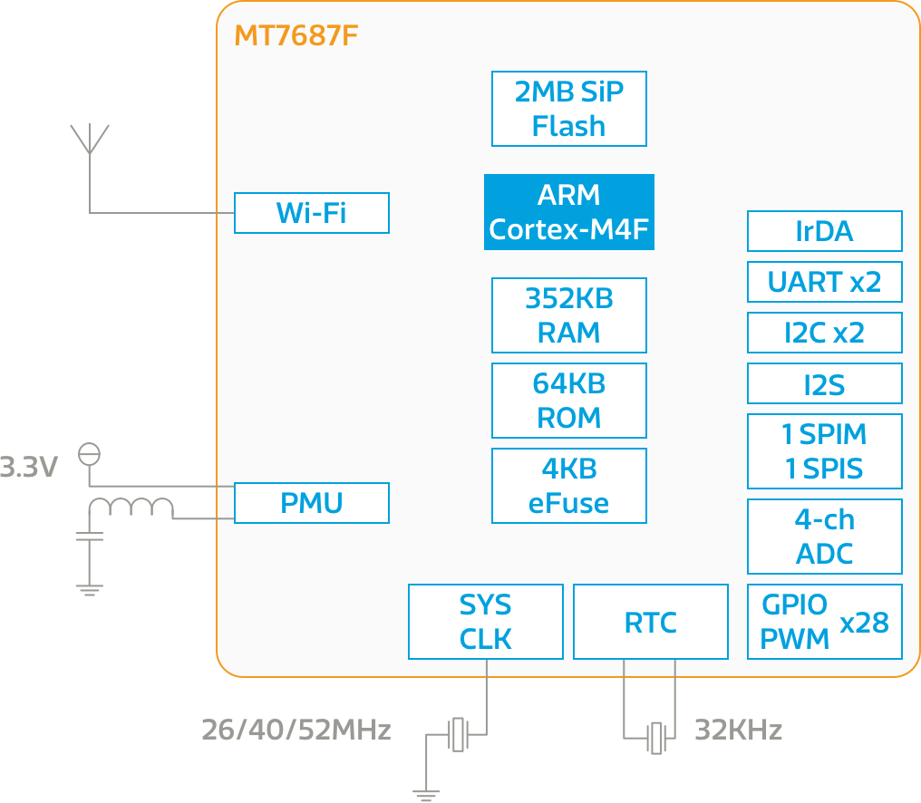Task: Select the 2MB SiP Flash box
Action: point(568,109)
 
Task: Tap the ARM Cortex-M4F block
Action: point(568,212)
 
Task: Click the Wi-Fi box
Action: point(311,213)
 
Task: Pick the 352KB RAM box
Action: point(568,315)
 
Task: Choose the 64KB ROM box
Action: point(568,401)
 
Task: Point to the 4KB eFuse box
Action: point(568,486)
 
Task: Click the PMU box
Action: point(311,503)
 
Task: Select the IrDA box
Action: point(824,231)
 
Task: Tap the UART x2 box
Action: point(824,282)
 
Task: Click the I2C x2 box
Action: point(824,333)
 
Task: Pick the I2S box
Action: point(824,384)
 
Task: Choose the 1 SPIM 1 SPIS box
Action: point(824,451)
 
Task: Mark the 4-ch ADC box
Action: point(824,537)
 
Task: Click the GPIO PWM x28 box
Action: point(824,622)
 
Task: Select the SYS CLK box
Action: point(485,622)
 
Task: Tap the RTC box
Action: point(650,622)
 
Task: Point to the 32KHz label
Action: point(738,730)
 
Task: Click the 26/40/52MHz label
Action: point(296,730)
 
